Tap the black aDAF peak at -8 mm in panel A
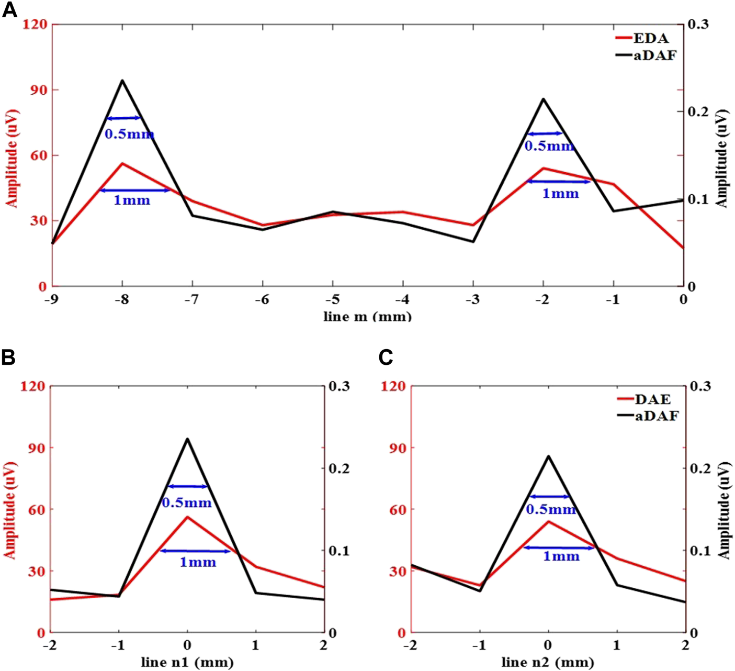click(122, 81)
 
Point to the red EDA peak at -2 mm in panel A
click(544, 169)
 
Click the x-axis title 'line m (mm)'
click(367, 316)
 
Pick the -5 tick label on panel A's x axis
click(332, 300)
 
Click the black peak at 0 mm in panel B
click(187, 439)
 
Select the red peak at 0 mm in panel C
click(548, 521)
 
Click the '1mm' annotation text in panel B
click(198, 563)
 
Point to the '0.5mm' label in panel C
click(550, 509)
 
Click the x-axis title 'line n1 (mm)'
click(187, 662)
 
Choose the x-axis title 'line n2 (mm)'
click(548, 662)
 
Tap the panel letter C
click(386, 357)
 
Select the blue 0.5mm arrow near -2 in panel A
click(545, 134)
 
